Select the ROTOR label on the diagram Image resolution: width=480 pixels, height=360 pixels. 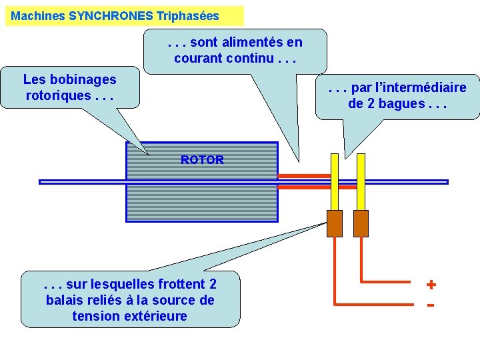[x=202, y=160]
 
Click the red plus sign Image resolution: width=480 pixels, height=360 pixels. [x=431, y=285]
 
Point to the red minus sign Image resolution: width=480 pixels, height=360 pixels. [x=431, y=305]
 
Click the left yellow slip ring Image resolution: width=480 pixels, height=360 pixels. [x=334, y=181]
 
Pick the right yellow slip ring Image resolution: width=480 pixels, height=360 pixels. [x=361, y=181]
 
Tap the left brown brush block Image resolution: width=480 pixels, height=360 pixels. [x=334, y=223]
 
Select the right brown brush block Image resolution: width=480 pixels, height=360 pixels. [x=361, y=223]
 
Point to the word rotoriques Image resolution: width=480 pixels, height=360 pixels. [x=56, y=95]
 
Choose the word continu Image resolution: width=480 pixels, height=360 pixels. [x=250, y=58]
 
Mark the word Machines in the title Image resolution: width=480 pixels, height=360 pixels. [x=39, y=15]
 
